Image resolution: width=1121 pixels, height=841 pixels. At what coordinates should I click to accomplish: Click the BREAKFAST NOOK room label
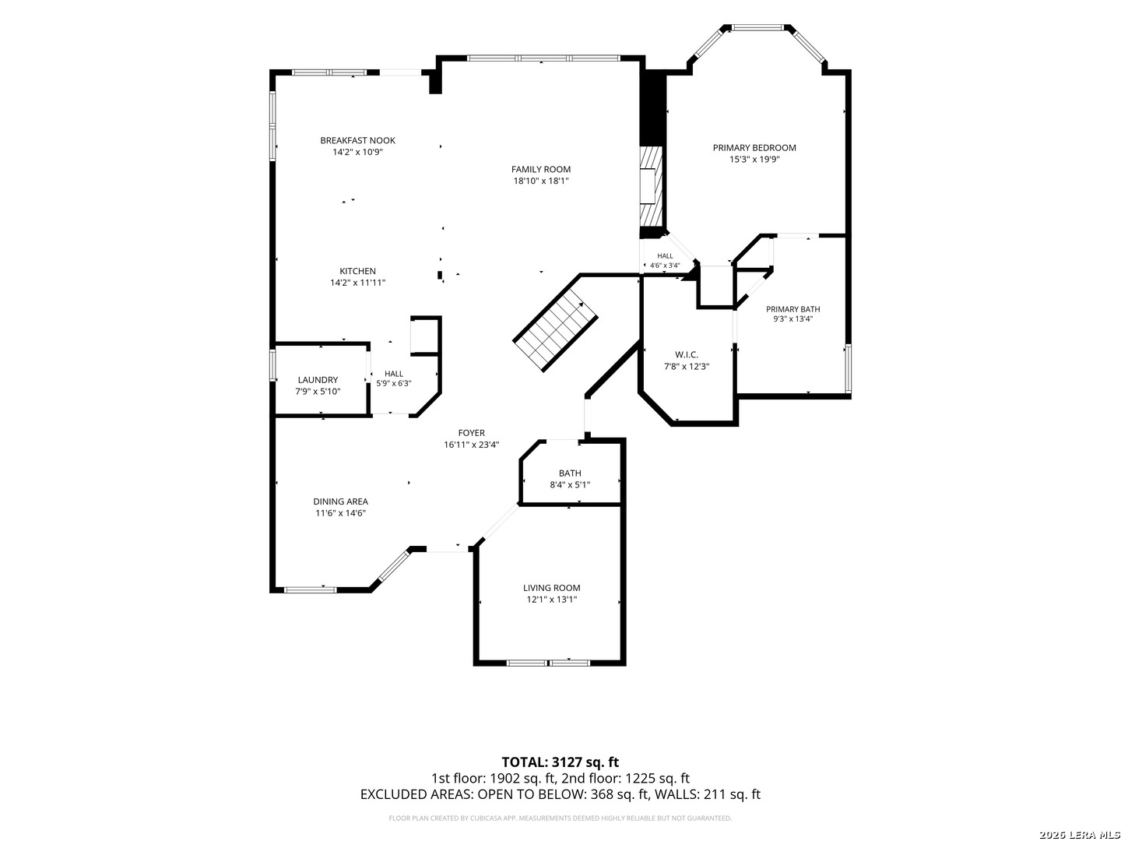pyautogui.click(x=357, y=140)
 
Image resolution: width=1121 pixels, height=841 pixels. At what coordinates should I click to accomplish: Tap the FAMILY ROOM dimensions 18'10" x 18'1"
pyautogui.click(x=541, y=181)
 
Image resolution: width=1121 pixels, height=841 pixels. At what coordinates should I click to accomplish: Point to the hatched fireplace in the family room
pyautogui.click(x=651, y=186)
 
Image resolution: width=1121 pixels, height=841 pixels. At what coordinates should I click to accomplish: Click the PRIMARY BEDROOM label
pyautogui.click(x=754, y=148)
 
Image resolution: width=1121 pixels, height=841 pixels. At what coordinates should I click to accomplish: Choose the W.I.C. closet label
pyautogui.click(x=687, y=354)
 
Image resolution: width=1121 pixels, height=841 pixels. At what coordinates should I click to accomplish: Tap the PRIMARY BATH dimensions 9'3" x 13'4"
pyautogui.click(x=792, y=319)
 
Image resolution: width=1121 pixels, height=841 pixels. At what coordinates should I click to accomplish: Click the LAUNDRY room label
pyautogui.click(x=318, y=380)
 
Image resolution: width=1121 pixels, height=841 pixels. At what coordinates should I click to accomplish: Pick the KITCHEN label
pyautogui.click(x=357, y=271)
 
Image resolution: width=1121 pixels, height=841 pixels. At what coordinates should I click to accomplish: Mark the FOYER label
pyautogui.click(x=472, y=433)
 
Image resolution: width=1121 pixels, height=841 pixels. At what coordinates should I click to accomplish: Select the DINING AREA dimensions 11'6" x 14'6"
pyautogui.click(x=341, y=513)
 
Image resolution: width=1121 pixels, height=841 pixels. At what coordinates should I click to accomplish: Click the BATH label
pyautogui.click(x=570, y=473)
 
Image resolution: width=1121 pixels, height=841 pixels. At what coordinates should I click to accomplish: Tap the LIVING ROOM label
pyautogui.click(x=552, y=588)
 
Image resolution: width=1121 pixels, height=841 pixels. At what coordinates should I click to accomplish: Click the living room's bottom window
pyautogui.click(x=548, y=663)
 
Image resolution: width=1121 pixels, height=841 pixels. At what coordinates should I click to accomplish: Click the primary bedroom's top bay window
pyautogui.click(x=757, y=27)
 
